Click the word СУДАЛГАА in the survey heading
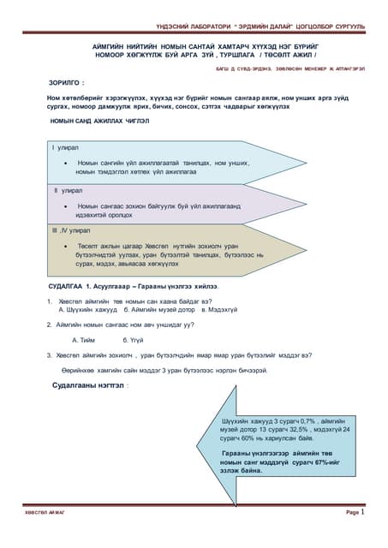[x=66, y=283]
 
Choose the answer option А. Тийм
[x=85, y=340]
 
